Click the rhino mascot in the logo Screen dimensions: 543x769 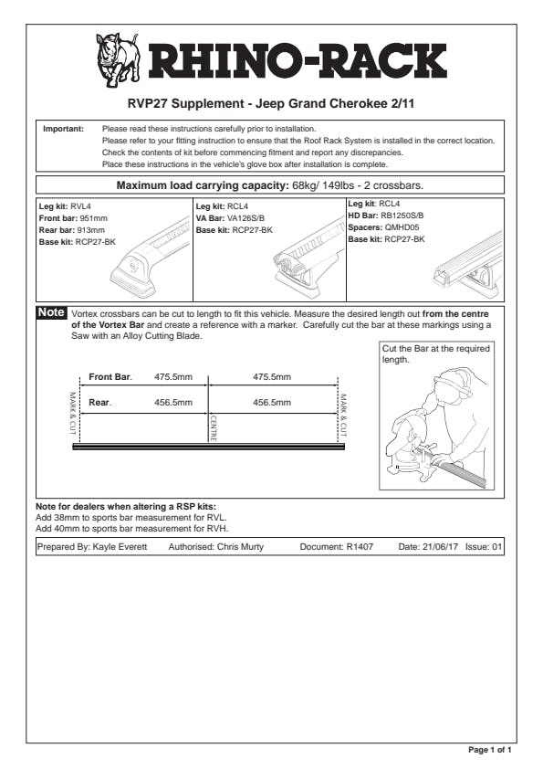118,60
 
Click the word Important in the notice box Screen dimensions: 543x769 63,129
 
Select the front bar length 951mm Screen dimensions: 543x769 93,218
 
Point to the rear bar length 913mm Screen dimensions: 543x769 90,230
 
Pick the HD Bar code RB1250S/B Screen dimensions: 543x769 402,216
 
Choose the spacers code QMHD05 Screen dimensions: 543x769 402,227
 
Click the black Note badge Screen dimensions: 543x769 51,312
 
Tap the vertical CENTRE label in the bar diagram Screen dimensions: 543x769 214,428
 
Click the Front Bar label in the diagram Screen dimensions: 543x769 110,376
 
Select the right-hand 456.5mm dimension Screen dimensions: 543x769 272,403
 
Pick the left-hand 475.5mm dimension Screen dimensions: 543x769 173,377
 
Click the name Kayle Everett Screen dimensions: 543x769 120,547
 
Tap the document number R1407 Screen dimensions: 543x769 360,547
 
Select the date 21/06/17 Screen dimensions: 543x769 440,547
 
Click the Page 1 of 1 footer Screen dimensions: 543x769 489,750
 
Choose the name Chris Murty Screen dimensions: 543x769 240,547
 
